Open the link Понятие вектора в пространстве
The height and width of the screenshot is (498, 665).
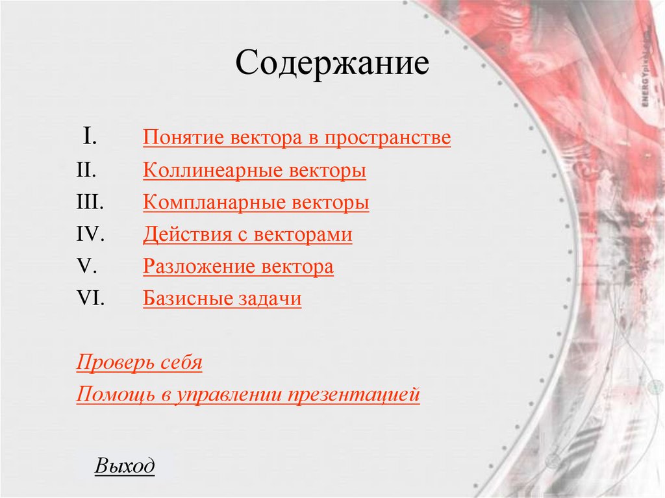coord(297,138)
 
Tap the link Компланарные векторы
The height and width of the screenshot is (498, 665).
coord(256,203)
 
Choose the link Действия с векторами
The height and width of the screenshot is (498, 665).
coord(247,234)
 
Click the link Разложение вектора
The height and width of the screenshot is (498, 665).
coord(238,267)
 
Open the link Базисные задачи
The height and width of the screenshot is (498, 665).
coord(222,299)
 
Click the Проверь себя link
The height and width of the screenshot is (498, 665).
coord(139,362)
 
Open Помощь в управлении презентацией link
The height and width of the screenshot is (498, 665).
coord(248,395)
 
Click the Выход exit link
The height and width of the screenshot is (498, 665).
coord(125,466)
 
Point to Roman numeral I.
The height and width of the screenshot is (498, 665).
coord(90,137)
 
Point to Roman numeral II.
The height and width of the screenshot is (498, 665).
coord(86,171)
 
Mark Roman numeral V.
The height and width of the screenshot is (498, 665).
coord(86,267)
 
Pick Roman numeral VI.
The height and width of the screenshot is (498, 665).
coord(90,299)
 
